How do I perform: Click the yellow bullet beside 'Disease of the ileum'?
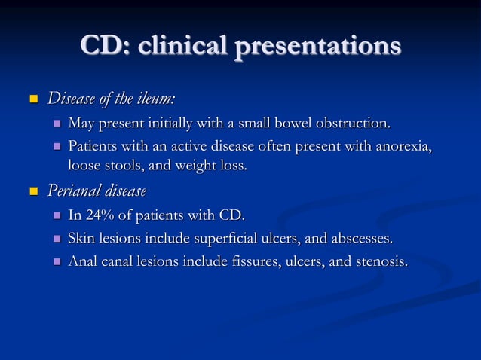click(32, 99)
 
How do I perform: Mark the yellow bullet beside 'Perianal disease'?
click(32, 191)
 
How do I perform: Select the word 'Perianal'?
click(74, 190)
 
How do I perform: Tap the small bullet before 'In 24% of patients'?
click(57, 218)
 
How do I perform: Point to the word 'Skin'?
click(81, 239)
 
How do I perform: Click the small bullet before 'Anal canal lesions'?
click(57, 263)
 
